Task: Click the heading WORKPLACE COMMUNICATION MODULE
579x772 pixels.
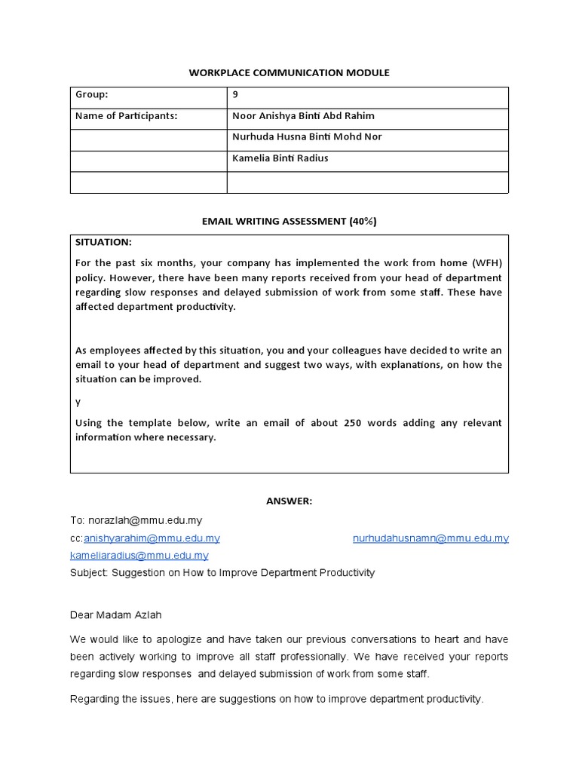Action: tap(289, 72)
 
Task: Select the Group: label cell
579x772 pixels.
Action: tap(92, 95)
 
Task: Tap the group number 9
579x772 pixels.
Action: tap(236, 95)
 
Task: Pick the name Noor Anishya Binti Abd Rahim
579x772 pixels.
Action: tap(303, 116)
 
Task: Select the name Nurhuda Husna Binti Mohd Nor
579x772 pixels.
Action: tap(307, 137)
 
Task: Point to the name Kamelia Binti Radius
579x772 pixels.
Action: tap(280, 158)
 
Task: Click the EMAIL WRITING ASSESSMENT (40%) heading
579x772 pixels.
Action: tap(289, 221)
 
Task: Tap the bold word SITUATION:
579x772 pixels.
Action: tap(103, 242)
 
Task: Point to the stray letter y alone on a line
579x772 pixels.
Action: tap(78, 402)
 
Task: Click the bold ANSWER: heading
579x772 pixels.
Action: tap(289, 501)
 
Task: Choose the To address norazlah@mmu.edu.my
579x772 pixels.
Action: tap(145, 520)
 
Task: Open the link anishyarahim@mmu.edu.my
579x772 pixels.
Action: tap(152, 538)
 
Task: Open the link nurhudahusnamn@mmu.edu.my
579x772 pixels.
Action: tap(430, 538)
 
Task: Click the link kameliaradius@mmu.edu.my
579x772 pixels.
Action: tap(139, 556)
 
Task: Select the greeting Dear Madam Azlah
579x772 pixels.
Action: tap(115, 615)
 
